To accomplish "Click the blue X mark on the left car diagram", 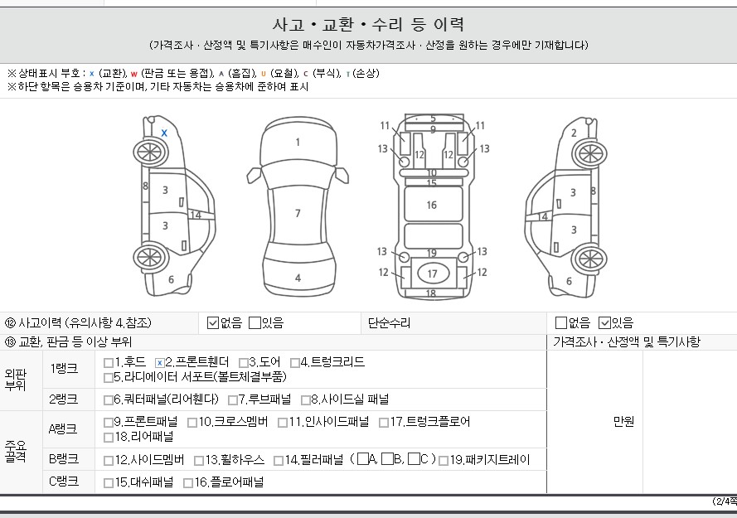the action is click(164, 133).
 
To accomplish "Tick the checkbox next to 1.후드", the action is click(109, 363).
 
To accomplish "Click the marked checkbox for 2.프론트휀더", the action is click(160, 363).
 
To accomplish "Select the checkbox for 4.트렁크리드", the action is click(295, 363).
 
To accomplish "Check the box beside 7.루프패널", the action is click(233, 400).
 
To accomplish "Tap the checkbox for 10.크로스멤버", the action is click(192, 423).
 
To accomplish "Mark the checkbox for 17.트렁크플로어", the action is click(384, 423).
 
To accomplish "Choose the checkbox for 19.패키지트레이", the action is click(444, 461).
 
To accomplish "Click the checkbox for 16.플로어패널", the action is click(188, 483).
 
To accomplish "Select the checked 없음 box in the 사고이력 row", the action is click(213, 323).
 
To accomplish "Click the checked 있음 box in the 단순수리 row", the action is click(604, 323).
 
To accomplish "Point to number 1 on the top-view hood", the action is click(298, 142).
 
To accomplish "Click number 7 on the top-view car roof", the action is click(298, 213).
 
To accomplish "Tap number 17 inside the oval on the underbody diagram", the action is click(432, 274).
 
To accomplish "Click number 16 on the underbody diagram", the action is click(431, 205).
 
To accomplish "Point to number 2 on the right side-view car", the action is click(574, 133).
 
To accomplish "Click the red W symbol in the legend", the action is click(134, 74).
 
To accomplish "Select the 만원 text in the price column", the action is click(623, 422).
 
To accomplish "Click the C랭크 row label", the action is click(64, 482).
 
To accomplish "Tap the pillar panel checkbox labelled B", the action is click(387, 459).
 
